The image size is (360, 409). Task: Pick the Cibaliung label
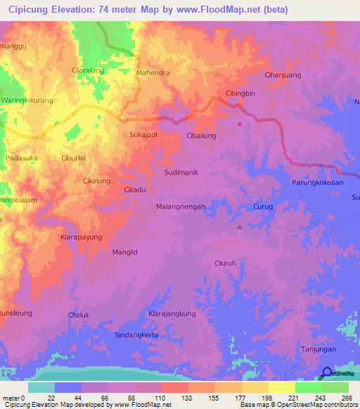point(202,136)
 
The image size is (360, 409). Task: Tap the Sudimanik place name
point(181,172)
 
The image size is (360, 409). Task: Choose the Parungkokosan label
point(317,183)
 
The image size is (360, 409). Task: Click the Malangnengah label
point(180,207)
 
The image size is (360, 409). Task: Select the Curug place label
point(262,207)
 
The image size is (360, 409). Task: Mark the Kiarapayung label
point(82,237)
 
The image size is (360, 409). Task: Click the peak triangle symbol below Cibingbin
point(240,124)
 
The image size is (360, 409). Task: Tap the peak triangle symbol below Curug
point(240,226)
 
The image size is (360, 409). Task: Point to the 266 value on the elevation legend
point(346,398)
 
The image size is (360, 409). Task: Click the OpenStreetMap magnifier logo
point(326,373)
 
